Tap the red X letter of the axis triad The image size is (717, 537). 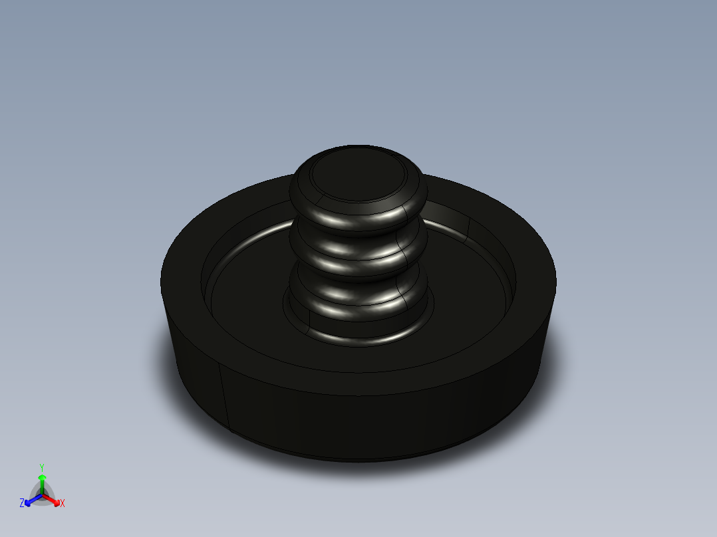coord(63,504)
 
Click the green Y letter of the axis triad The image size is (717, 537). coord(42,467)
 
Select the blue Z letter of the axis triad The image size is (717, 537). coord(22,504)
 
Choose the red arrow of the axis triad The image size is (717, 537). coord(53,500)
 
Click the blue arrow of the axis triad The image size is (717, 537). coord(31,500)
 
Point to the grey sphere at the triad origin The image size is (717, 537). coord(42,496)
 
